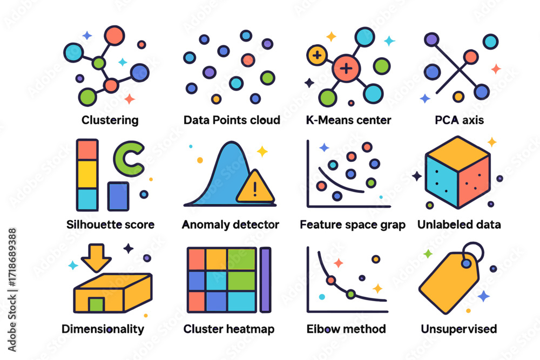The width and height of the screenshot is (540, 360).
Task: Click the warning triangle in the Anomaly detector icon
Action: (254, 188)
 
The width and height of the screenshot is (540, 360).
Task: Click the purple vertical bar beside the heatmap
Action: (265, 280)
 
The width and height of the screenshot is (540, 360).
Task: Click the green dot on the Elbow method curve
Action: (350, 294)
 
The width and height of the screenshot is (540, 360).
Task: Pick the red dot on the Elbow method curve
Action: (330, 280)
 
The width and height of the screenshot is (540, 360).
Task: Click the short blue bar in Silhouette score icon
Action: (118, 196)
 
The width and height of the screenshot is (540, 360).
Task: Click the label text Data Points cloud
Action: (232, 120)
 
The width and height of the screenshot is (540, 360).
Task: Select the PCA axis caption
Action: (459, 120)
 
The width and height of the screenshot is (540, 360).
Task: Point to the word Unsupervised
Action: (459, 329)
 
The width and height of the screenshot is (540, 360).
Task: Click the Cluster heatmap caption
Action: (229, 329)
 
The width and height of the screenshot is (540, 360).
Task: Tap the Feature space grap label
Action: (352, 225)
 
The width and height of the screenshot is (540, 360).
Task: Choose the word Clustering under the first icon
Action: (110, 120)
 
